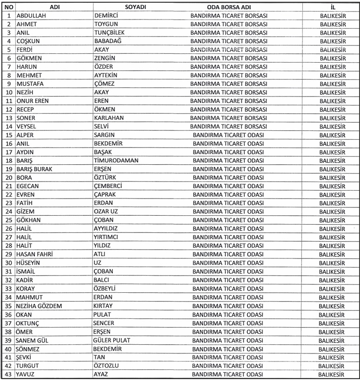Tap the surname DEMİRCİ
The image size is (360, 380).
coord(106,16)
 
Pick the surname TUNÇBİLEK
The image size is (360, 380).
coord(110,32)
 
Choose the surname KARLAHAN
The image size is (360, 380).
coord(109,117)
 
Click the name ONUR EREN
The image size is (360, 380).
coord(33,101)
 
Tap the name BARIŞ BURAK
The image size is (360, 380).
coord(34,169)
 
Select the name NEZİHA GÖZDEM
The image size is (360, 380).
coord(39,306)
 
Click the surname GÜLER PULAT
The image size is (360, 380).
coord(111,340)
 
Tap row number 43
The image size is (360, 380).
coord(8,374)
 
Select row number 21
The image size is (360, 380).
coord(8,186)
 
